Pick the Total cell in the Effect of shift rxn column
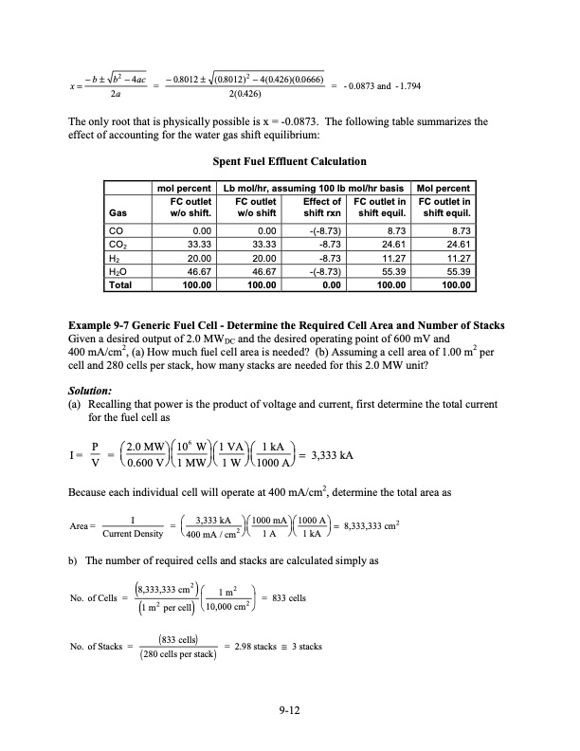326,283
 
